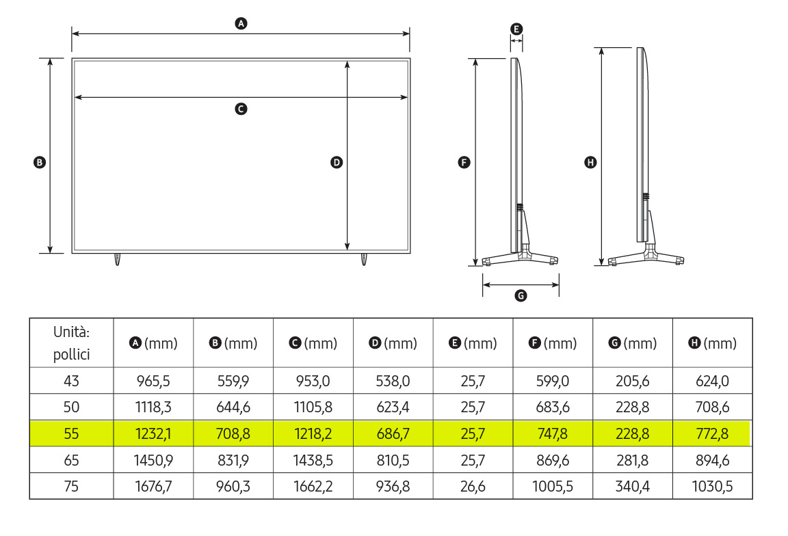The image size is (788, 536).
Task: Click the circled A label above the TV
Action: (x=241, y=23)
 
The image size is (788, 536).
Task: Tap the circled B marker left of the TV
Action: (x=39, y=162)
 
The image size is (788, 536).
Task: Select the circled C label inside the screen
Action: (x=241, y=109)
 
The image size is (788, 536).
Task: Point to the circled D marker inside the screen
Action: (x=337, y=162)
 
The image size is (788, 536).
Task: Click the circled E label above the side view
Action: (x=516, y=29)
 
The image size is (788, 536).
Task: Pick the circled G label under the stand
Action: (x=521, y=295)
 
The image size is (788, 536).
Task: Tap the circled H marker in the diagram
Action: (x=590, y=162)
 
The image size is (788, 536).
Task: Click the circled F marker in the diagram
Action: (x=464, y=162)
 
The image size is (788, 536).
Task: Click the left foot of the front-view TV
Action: (x=117, y=259)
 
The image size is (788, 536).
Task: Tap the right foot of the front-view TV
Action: (x=364, y=259)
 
